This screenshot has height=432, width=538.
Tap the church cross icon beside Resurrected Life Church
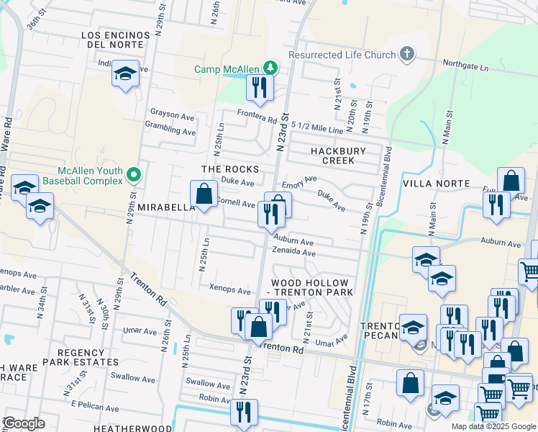click(406, 55)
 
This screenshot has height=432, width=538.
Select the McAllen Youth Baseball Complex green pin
click(133, 175)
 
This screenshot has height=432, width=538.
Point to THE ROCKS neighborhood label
click(229, 168)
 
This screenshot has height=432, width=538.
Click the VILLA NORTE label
click(439, 184)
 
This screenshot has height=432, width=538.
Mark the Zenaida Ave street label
click(293, 253)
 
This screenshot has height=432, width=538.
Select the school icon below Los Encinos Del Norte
click(126, 75)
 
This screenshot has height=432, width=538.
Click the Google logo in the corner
click(24, 423)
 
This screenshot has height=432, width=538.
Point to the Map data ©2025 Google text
click(493, 426)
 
